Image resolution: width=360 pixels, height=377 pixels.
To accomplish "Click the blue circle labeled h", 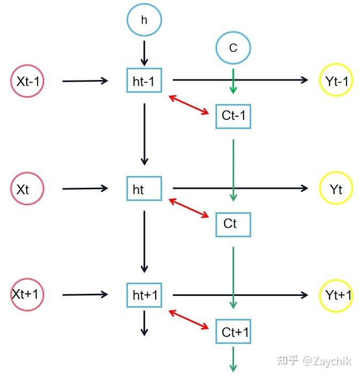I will [x=144, y=20].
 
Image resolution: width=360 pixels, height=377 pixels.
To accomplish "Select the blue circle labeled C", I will [x=233, y=48].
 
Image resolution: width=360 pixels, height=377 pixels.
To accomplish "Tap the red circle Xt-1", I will [x=27, y=81].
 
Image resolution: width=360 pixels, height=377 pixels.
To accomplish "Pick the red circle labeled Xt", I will [x=27, y=188].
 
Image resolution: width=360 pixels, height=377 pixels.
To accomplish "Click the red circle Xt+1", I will [x=27, y=294].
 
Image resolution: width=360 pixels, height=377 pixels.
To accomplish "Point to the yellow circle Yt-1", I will [x=336, y=80].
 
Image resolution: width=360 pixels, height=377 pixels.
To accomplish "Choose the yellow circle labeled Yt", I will [x=336, y=188].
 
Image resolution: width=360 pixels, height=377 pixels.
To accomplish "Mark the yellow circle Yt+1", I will [x=336, y=295].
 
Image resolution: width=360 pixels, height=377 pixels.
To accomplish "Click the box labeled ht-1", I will [x=144, y=81].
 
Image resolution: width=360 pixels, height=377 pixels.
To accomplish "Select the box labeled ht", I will [x=144, y=189].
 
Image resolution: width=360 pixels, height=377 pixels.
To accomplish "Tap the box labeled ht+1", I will [x=144, y=295].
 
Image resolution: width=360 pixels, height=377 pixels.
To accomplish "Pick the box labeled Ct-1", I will [x=233, y=116].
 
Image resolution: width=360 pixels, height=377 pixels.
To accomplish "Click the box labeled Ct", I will [x=233, y=224].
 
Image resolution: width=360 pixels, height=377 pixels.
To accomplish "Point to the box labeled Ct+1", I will [x=233, y=332].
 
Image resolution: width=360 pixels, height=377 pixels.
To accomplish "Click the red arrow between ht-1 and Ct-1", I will [x=189, y=105].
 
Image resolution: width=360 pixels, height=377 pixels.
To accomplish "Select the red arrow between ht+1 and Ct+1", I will [x=189, y=319].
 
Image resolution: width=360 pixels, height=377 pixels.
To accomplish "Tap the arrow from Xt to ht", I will [x=85, y=188].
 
